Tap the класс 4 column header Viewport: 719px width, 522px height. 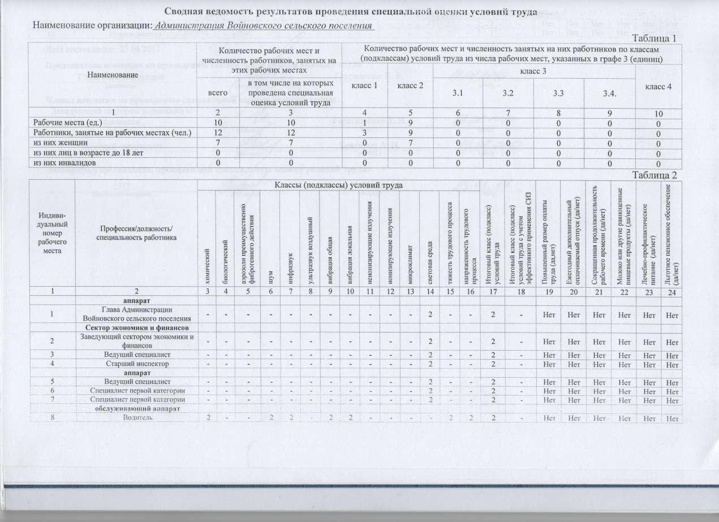tap(658, 87)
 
